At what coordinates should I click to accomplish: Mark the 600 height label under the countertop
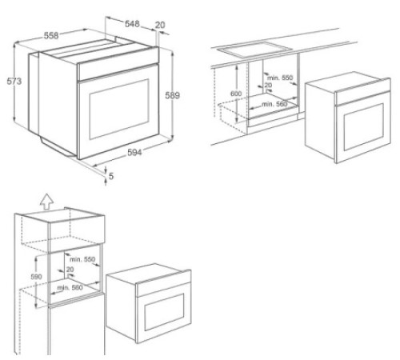235,94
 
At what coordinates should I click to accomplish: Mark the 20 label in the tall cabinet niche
71,270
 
